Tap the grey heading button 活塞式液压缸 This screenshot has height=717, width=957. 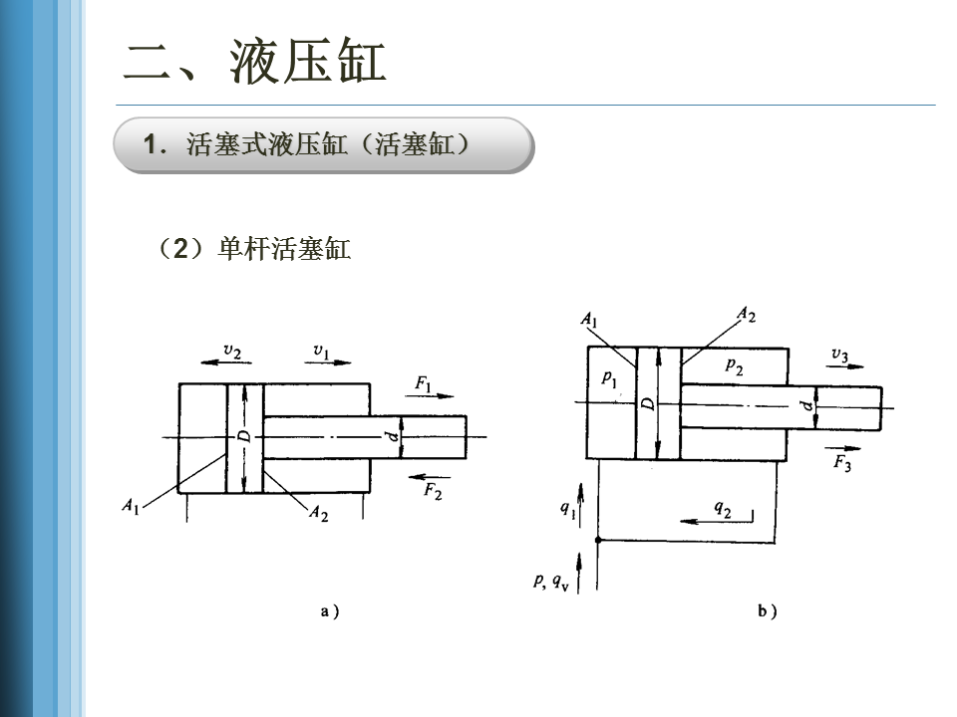click(324, 145)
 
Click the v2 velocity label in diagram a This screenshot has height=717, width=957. click(231, 351)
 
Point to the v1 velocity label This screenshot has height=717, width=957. click(321, 351)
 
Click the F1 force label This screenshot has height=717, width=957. click(424, 384)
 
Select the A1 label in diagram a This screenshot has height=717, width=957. click(131, 506)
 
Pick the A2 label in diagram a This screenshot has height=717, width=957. click(318, 513)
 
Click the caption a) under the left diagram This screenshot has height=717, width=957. click(330, 611)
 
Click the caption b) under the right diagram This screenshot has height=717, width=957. click(767, 611)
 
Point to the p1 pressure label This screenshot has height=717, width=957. click(610, 378)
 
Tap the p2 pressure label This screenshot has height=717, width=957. click(734, 366)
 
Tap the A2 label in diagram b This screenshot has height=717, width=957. click(746, 317)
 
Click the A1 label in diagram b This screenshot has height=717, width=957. click(589, 321)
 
